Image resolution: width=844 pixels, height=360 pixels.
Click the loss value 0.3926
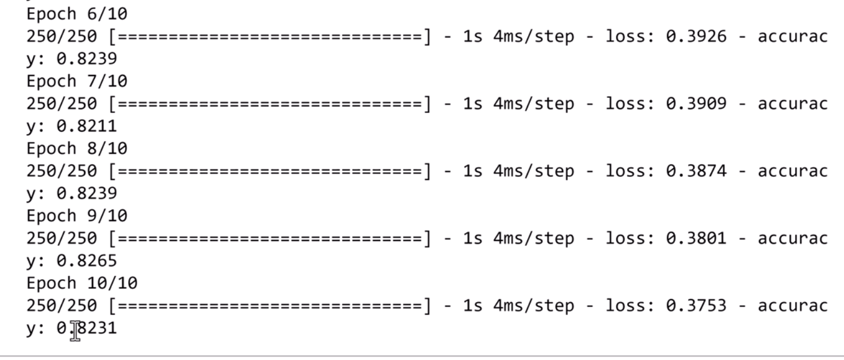[x=695, y=36]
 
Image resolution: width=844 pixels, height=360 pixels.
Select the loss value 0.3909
[x=695, y=104]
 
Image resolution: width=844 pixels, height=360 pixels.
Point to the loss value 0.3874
[x=695, y=171]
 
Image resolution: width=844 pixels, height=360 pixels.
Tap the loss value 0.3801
[x=695, y=239]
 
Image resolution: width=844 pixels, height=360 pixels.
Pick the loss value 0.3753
[x=695, y=306]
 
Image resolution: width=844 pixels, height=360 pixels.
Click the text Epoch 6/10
[x=77, y=14]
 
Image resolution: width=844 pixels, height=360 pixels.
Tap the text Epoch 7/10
[x=77, y=82]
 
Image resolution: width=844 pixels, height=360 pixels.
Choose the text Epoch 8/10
[x=77, y=149]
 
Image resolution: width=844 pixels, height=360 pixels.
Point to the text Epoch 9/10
[x=77, y=216]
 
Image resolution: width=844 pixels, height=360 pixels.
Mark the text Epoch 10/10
[x=82, y=283]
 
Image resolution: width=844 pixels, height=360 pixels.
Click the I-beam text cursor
[x=75, y=330]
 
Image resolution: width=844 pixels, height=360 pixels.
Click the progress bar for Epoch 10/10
[x=271, y=306]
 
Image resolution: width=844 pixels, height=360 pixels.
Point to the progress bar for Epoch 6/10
[x=271, y=36]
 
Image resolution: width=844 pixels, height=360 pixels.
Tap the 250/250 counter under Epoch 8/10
[x=61, y=171]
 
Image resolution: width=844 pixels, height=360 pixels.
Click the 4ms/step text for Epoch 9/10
[x=533, y=239]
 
